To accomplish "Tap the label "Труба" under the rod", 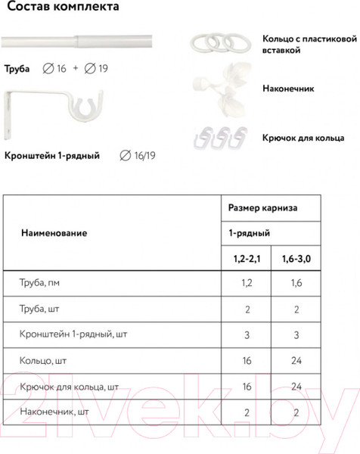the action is coord(17,68).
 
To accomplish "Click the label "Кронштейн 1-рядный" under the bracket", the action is coord(52,157).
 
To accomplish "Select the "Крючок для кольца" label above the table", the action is coord(303,138).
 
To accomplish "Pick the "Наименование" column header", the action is coord(54,233).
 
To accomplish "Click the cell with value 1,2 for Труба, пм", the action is coord(246,285).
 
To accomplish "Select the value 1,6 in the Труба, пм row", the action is coord(296,285).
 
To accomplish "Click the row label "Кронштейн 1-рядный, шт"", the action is coord(71,335).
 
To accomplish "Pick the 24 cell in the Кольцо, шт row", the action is coord(296,361).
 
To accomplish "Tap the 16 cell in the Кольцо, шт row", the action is coord(246,361).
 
